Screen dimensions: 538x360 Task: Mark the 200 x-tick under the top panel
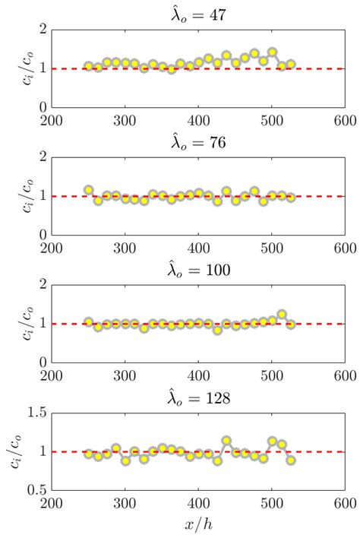click(x=52, y=120)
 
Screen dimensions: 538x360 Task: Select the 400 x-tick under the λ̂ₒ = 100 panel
click(x=198, y=375)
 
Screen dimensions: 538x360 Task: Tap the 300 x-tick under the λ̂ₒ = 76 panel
click(x=125, y=248)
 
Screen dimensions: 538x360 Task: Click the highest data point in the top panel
click(x=272, y=52)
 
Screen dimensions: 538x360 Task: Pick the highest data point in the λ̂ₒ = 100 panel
click(x=282, y=315)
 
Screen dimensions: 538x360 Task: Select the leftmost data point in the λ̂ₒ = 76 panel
click(x=89, y=190)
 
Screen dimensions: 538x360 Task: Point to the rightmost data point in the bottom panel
click(x=291, y=460)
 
